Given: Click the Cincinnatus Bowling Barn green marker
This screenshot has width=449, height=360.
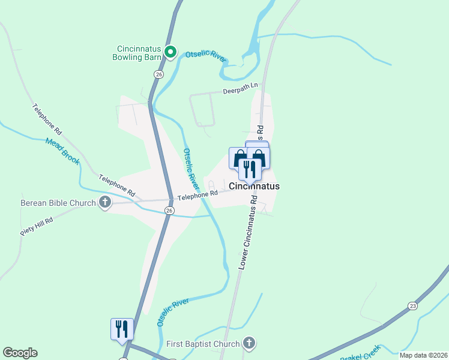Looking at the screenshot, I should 170,52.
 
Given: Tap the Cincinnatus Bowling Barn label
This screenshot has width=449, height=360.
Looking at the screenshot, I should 137,53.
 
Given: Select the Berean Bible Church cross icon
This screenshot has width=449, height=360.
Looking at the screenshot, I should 105,202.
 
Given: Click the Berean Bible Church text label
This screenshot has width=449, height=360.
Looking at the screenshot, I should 58,203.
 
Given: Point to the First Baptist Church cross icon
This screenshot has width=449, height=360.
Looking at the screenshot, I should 249,343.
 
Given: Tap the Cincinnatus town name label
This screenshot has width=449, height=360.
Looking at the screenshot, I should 254,186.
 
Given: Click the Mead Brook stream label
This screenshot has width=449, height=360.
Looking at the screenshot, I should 62,151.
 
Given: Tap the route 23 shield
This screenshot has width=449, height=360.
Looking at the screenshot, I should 412,306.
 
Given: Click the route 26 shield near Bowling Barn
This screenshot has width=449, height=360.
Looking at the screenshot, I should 158,74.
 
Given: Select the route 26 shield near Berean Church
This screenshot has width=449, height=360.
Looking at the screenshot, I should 169,210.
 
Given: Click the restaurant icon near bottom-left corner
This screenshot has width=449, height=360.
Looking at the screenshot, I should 121,329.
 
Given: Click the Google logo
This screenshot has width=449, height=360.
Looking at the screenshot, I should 20,353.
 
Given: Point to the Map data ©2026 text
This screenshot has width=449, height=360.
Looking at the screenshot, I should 424,355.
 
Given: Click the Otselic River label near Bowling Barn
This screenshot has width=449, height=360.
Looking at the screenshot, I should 205,57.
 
